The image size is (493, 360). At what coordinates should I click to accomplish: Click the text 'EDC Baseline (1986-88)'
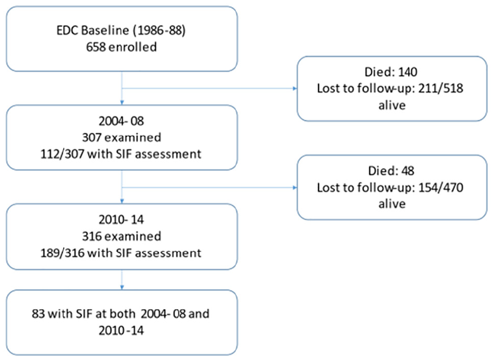(121, 31)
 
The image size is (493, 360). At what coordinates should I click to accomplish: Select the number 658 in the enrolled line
(96, 47)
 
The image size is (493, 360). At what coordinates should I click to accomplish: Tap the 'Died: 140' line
(391, 72)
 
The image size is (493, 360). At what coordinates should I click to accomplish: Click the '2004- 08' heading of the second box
(121, 121)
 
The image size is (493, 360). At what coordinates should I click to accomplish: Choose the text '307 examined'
(122, 137)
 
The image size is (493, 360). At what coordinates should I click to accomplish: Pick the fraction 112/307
(62, 154)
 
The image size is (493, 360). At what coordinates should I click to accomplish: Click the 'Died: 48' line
(391, 171)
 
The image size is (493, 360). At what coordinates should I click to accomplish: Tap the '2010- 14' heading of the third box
(121, 220)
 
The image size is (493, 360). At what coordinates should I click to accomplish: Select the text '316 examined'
(122, 236)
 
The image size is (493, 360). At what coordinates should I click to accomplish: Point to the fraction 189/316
(62, 253)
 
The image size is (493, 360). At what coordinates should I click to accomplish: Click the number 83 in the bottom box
(38, 314)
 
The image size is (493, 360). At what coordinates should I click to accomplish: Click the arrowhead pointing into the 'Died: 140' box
(295, 89)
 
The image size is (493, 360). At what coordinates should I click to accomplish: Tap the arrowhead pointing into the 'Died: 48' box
(295, 188)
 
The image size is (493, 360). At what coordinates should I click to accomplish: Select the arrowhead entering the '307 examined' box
(122, 103)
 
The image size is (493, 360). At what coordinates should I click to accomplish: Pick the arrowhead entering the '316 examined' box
(122, 201)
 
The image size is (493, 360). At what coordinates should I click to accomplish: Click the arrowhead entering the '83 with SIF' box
(122, 287)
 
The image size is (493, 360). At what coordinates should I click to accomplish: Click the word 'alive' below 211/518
(392, 105)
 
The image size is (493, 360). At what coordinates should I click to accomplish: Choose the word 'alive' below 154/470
(392, 204)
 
